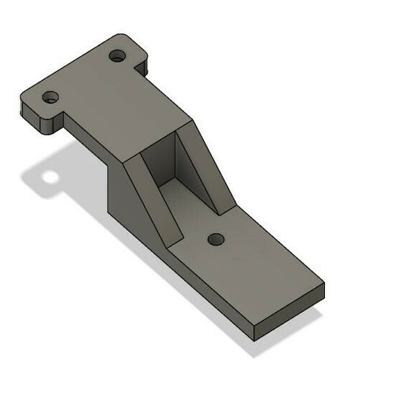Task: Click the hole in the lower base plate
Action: tap(214, 238)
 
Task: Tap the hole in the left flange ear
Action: tap(51, 99)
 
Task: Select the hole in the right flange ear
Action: tap(118, 57)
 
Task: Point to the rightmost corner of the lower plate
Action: tap(323, 282)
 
